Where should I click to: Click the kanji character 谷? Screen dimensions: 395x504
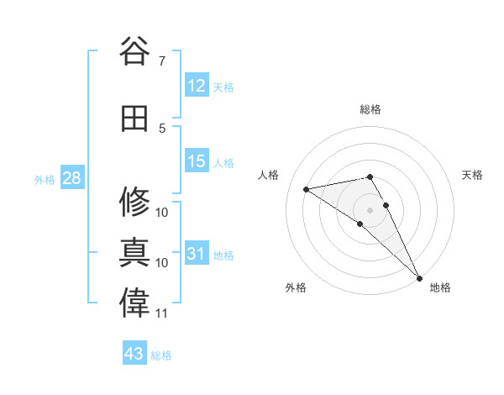134,52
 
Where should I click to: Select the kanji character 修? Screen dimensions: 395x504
134,202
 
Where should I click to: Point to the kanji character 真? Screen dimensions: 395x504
134,252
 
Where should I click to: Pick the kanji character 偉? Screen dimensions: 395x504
134,303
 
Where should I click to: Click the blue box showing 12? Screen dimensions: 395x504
197,86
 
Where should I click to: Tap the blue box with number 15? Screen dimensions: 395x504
197,161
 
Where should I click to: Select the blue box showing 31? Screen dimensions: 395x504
197,254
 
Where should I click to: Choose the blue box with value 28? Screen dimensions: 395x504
71,178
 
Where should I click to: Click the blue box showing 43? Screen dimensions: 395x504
134,354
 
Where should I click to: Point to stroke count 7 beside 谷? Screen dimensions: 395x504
162,61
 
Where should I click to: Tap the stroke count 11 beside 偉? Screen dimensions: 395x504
162,313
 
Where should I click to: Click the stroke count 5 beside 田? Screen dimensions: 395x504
162,128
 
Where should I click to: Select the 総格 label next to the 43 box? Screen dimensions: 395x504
161,355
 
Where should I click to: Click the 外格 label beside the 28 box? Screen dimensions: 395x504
45,180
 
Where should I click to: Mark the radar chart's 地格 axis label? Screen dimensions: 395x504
440,287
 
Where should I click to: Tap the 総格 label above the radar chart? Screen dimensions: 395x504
370,109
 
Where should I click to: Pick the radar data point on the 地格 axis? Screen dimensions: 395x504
418,277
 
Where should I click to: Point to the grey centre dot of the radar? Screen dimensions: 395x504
370,208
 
